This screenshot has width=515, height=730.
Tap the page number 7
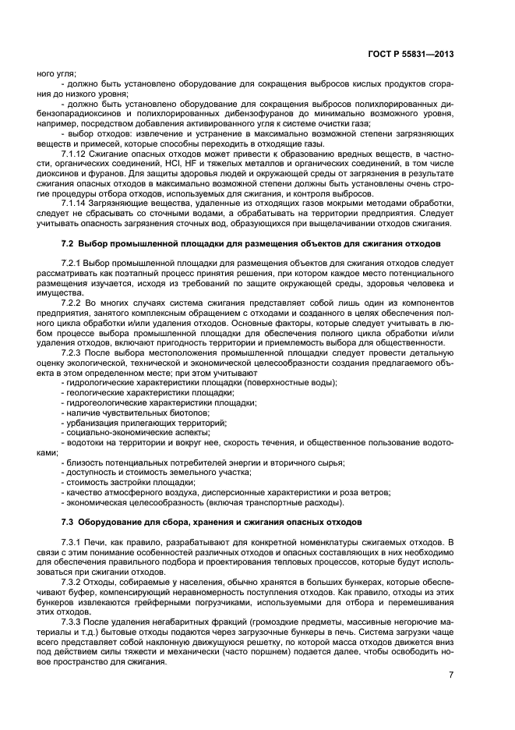click(472, 675)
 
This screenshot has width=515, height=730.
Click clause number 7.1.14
click(75, 203)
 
